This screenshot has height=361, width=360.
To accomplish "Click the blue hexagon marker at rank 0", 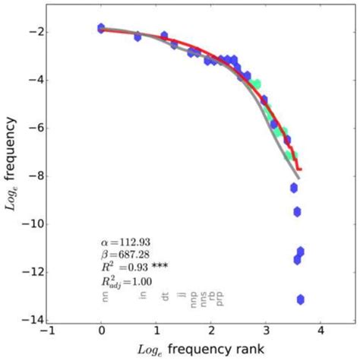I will pyautogui.click(x=101, y=28).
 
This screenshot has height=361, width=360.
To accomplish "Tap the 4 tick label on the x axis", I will pyautogui.click(x=321, y=332).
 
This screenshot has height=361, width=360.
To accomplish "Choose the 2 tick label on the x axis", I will pyautogui.click(x=211, y=332).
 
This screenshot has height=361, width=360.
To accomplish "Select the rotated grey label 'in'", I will pyautogui.click(x=141, y=295).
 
